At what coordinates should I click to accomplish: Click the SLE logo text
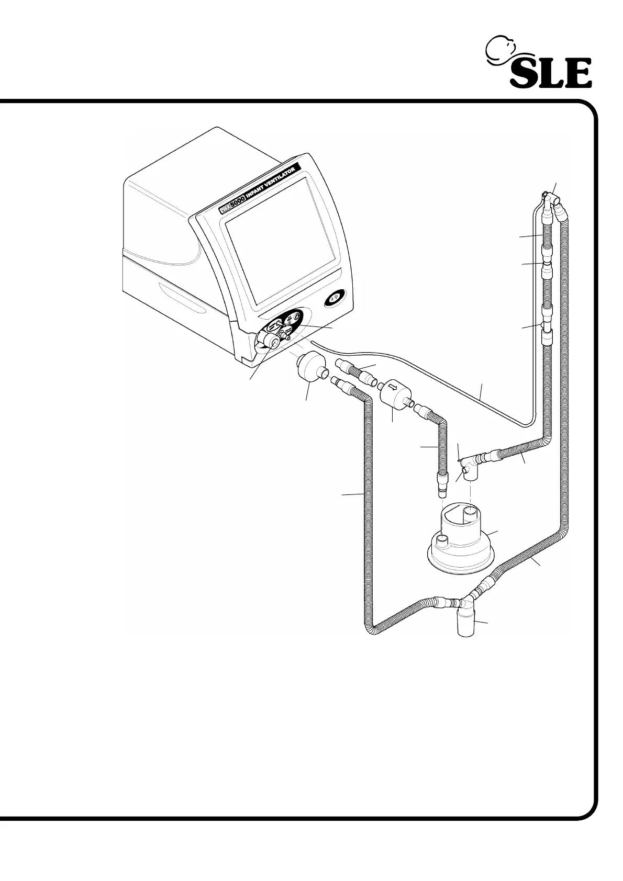[x=551, y=74]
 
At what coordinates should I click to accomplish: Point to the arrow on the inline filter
[x=391, y=388]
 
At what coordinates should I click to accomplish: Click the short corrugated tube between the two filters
[x=358, y=372]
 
